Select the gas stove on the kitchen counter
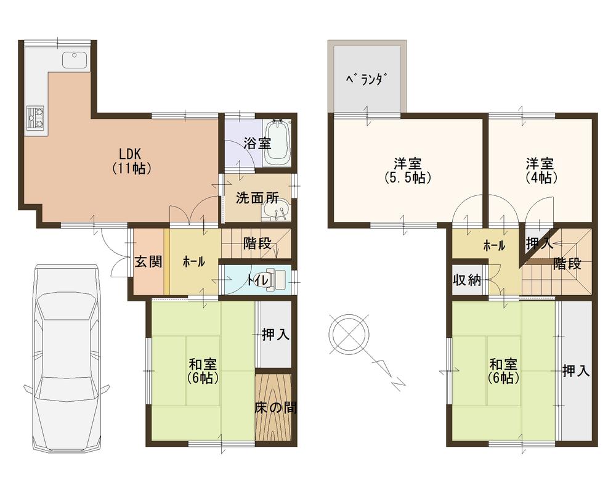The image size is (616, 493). (x=34, y=117)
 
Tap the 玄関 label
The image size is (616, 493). (x=148, y=262)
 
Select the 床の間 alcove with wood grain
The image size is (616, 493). (x=274, y=407)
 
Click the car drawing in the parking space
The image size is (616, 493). (x=67, y=357)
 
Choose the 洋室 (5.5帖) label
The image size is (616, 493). (x=408, y=171)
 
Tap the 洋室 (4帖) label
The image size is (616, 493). (x=540, y=171)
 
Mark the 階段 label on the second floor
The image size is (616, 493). (x=567, y=263)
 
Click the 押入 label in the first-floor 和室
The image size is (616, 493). (x=275, y=335)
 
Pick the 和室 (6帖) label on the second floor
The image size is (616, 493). (x=504, y=370)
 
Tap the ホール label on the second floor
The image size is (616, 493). (x=494, y=245)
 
